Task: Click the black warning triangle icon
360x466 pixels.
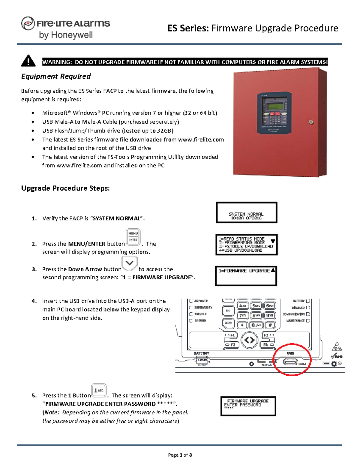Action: (x=28, y=61)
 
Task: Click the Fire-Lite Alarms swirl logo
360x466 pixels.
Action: (x=28, y=23)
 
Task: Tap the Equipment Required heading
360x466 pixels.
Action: (x=56, y=77)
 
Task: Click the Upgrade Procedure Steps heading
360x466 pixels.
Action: (x=65, y=188)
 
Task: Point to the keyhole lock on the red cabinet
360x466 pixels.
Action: (x=311, y=122)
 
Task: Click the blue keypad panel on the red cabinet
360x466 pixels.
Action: (x=274, y=113)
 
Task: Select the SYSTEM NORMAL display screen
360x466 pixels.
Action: (x=246, y=213)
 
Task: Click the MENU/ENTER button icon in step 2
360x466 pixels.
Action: (x=133, y=236)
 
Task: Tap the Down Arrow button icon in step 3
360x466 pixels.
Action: (x=129, y=263)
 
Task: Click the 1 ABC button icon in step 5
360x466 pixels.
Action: (x=99, y=390)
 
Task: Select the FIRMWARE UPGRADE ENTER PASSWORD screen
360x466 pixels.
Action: (x=248, y=406)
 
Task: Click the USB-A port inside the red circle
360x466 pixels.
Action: (x=290, y=362)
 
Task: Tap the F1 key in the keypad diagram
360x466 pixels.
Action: (x=231, y=335)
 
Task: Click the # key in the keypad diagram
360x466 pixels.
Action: (x=270, y=325)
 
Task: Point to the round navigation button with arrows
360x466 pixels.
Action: (x=249, y=340)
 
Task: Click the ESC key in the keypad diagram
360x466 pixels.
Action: (x=228, y=311)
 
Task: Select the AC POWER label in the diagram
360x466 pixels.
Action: (x=200, y=301)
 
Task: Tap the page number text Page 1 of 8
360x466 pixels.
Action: (x=180, y=455)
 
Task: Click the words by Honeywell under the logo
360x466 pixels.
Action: (x=66, y=35)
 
